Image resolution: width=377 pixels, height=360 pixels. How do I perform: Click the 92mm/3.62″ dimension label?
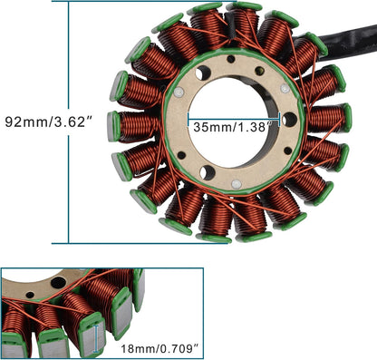pos(48,122)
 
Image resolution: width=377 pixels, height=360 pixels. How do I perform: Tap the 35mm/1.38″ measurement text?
pos(232,127)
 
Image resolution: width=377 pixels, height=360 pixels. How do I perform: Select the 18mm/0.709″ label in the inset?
pos(160,349)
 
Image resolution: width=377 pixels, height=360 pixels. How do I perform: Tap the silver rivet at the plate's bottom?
pos(237,184)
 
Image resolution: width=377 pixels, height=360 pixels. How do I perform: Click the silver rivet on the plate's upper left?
pos(179,92)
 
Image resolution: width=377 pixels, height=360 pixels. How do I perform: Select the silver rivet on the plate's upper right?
pos(285,88)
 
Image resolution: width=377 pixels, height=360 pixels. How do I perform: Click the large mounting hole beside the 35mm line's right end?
pos(290,120)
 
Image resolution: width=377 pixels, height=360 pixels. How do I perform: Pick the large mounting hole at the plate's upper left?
pos(203,73)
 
